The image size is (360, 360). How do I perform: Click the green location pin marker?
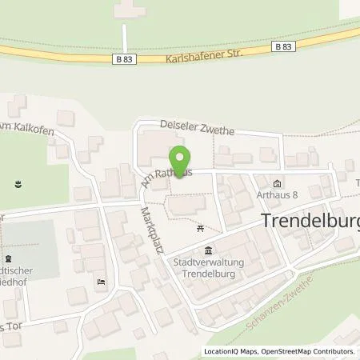click(x=179, y=159)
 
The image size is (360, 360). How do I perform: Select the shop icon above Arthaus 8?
click(x=278, y=181)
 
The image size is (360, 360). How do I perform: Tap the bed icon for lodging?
click(x=100, y=282)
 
